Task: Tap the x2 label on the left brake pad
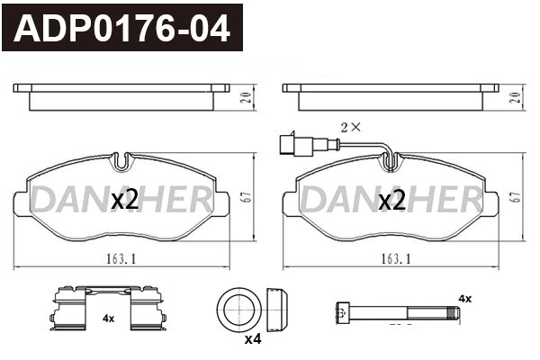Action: point(124,201)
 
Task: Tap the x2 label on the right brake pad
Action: point(391,201)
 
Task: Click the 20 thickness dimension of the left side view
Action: point(245,98)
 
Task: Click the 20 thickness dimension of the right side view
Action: point(515,98)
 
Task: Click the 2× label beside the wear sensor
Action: point(349,127)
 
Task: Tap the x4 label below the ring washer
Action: point(253,338)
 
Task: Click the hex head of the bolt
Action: point(341,312)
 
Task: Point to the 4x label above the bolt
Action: point(464,298)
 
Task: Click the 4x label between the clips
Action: point(108,319)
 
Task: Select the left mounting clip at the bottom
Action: point(69,308)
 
